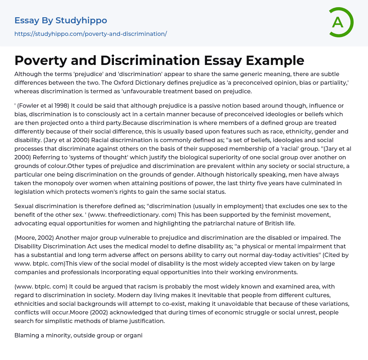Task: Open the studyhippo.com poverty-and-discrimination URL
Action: click(x=91, y=34)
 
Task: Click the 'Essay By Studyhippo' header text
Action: click(x=61, y=20)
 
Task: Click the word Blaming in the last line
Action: click(x=27, y=335)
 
